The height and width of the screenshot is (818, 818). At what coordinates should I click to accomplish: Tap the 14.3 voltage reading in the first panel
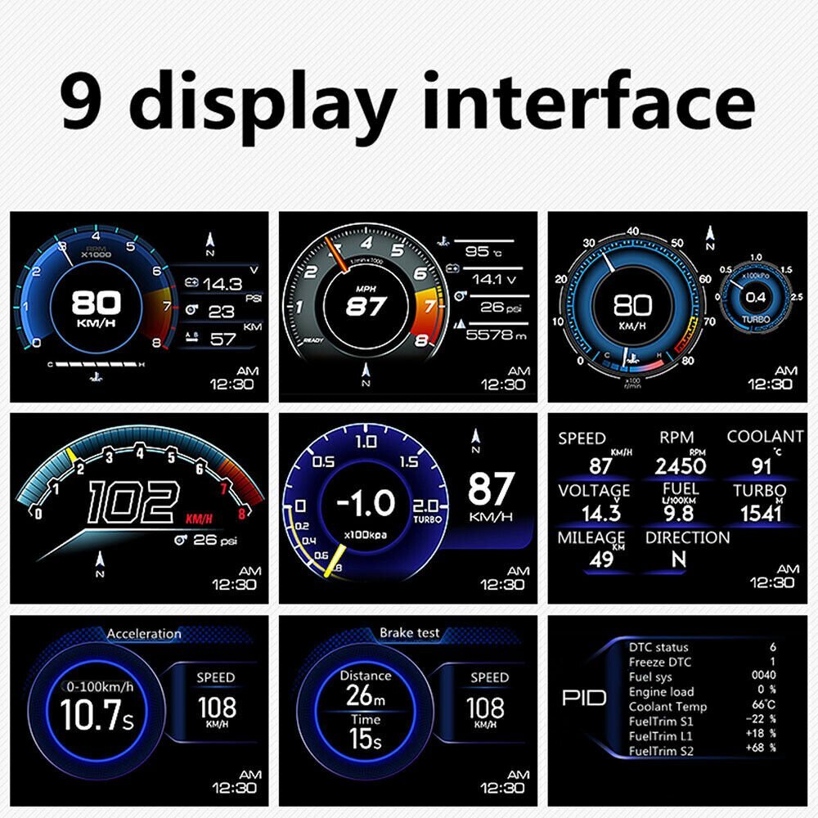coord(222,284)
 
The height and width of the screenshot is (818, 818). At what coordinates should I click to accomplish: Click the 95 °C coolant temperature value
coord(483,251)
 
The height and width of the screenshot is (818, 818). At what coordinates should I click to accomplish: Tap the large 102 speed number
coord(133,502)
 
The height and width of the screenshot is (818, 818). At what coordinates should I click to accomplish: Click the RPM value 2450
coord(680,466)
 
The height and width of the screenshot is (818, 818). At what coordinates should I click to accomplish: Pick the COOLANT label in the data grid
coord(765,438)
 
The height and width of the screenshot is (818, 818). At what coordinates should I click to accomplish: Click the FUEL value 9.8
coord(679,513)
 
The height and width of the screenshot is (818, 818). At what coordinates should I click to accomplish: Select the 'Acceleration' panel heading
coord(144,633)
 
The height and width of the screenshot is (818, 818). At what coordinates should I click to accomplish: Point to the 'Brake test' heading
coord(410,633)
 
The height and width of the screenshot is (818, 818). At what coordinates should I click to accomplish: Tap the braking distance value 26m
coord(366,697)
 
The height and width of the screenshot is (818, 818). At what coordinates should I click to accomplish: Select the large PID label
coord(583,698)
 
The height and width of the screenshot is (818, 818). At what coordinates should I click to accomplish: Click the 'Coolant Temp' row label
coord(667,707)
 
